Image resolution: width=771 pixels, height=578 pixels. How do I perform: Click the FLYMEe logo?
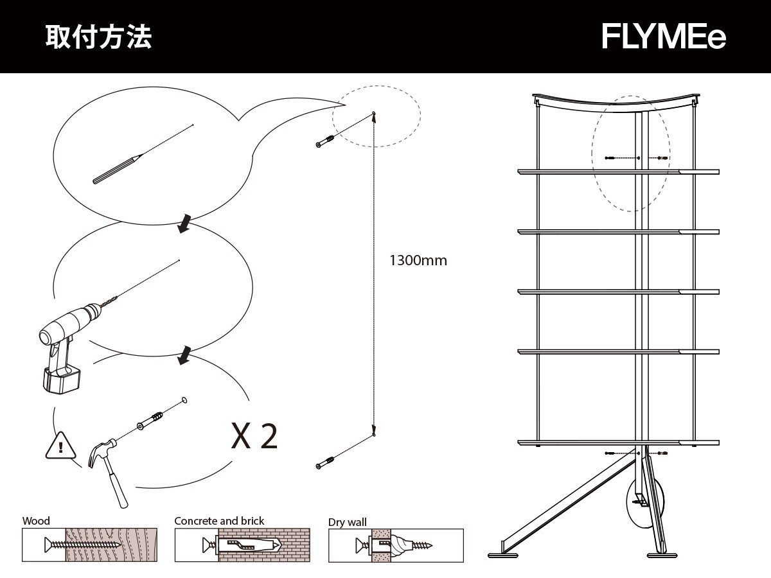click(663, 37)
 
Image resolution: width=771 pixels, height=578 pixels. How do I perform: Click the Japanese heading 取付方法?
click(98, 37)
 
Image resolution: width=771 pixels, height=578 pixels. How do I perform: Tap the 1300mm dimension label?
click(418, 261)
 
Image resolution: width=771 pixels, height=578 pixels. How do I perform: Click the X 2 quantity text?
click(255, 436)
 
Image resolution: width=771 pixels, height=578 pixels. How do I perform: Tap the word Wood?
click(36, 521)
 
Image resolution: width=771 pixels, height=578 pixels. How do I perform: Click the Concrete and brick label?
click(219, 521)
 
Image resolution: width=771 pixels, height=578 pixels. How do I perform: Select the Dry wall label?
click(348, 522)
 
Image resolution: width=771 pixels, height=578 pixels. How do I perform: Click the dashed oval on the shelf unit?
click(631, 153)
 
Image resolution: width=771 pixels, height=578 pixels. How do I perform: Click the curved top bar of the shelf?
click(616, 101)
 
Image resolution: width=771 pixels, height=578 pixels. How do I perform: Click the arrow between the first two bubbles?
click(184, 224)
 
